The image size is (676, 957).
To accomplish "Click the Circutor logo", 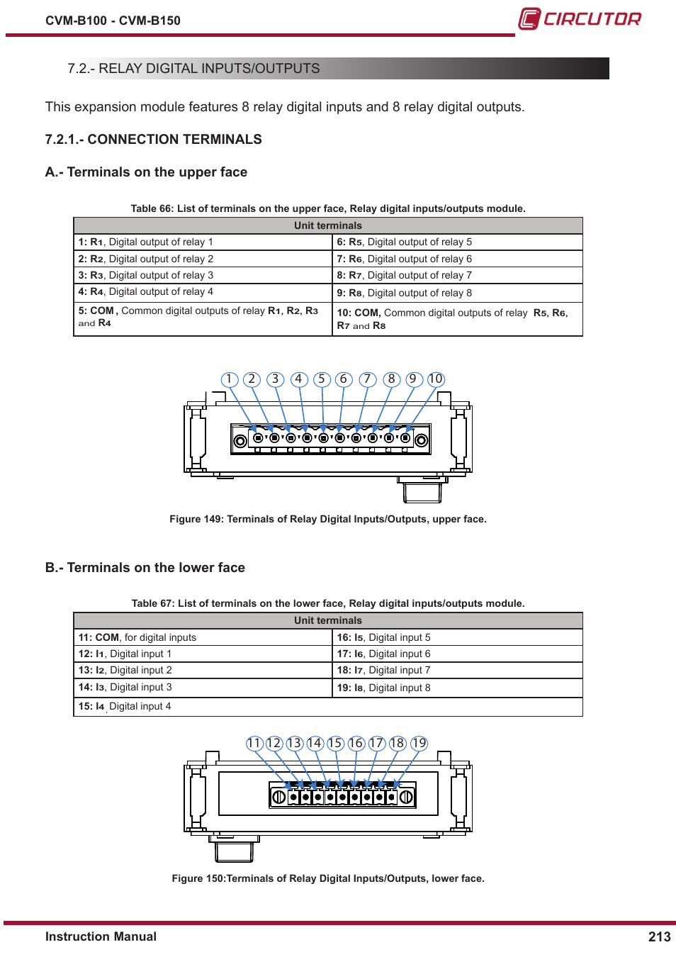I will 579,18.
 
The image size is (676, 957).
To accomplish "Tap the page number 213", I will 659,936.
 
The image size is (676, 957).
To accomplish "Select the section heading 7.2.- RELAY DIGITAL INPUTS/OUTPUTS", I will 193,69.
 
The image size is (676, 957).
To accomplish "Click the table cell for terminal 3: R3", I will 202,275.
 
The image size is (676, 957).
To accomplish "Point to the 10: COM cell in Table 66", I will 457,318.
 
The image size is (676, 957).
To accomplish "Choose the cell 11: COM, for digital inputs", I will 202,637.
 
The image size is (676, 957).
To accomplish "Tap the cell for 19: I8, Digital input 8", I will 457,688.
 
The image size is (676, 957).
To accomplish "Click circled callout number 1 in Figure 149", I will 229,379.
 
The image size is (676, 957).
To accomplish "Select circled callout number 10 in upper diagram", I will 435,379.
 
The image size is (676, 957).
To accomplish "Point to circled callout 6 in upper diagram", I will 344,379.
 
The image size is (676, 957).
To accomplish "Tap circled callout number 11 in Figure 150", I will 254,743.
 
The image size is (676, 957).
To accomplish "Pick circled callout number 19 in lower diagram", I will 419,743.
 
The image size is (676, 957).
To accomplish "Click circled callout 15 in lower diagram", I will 335,743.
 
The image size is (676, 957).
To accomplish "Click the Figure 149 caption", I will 327,519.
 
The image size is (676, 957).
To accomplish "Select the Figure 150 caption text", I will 327,878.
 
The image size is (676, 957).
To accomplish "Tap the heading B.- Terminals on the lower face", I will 145,567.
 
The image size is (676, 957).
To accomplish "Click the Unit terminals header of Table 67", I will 327,620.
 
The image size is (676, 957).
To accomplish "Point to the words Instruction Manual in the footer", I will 101,936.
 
